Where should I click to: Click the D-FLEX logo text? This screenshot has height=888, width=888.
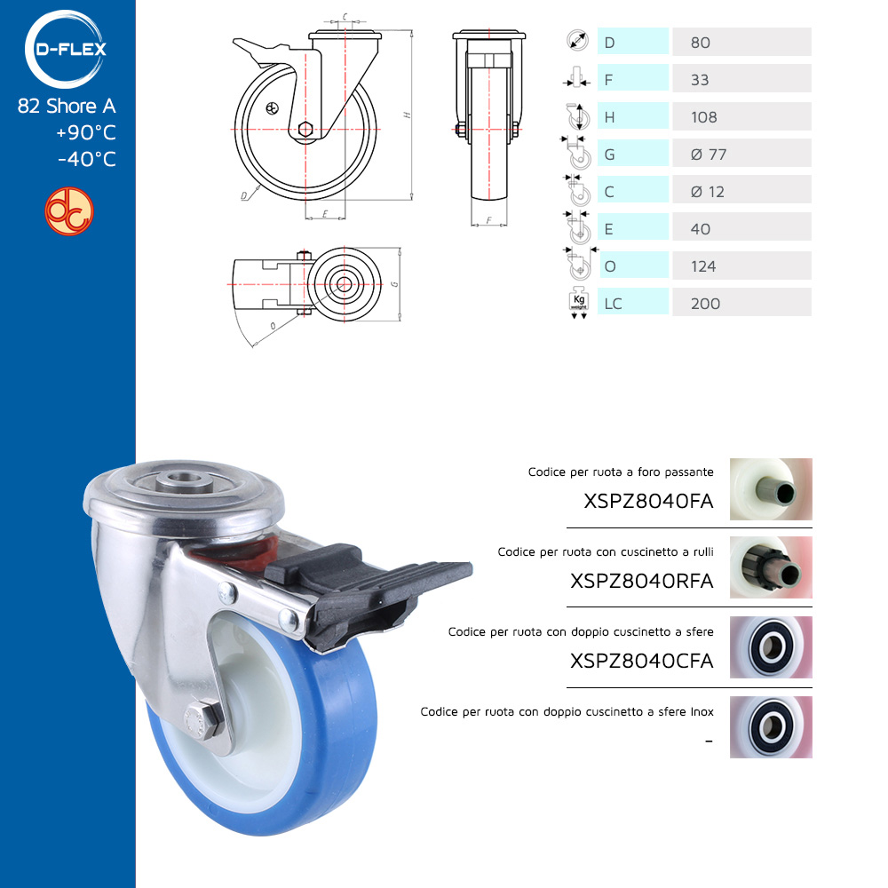coord(71,49)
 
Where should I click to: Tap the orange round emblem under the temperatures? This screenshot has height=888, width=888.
coord(69,211)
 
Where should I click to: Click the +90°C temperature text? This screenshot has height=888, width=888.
coord(86,132)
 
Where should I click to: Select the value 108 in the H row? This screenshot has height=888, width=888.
coord(704,117)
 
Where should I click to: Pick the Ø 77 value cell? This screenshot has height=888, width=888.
coord(741,154)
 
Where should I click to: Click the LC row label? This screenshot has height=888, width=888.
coord(614,304)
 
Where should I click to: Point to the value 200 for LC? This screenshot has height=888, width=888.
coord(706,304)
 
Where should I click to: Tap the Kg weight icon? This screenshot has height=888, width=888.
coord(579,304)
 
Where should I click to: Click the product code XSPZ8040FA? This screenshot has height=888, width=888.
coord(648,501)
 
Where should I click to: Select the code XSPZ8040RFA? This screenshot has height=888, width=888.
coord(642,581)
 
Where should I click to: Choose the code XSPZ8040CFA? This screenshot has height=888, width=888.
coord(642,661)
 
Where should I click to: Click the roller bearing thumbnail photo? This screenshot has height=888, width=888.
coord(771,567)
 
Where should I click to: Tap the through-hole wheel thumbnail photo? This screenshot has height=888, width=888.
coord(771,489)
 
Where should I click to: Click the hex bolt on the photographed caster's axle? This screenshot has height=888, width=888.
coord(202,719)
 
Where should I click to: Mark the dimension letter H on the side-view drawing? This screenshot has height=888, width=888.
coord(407,115)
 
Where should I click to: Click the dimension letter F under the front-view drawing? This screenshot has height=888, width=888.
coord(488,220)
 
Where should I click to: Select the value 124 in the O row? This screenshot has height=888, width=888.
coord(703,266)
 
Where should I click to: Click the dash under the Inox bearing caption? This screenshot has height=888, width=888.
coord(709,741)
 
